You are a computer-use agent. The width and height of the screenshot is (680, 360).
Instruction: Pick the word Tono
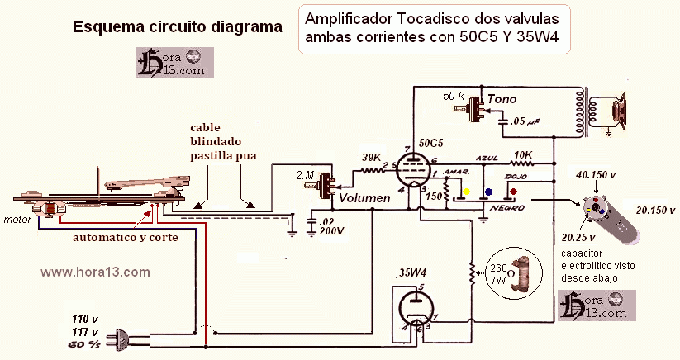click(502, 99)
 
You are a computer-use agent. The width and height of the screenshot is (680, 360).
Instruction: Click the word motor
click(17, 220)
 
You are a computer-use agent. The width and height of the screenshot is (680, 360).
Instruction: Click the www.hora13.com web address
click(95, 271)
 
